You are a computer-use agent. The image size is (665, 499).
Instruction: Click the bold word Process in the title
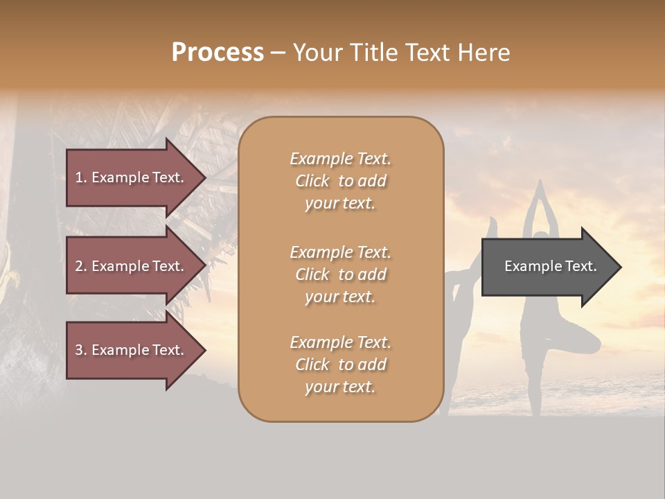coord(218,53)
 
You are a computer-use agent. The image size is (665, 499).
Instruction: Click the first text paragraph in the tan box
coord(340,181)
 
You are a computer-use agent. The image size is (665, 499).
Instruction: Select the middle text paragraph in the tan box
coord(340,274)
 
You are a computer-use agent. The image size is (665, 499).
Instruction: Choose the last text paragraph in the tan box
coord(340,365)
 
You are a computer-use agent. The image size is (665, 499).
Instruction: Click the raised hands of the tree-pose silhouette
coord(540,186)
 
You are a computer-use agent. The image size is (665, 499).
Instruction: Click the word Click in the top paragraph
coord(312,181)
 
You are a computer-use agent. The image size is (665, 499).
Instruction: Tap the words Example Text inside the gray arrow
coord(551,266)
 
